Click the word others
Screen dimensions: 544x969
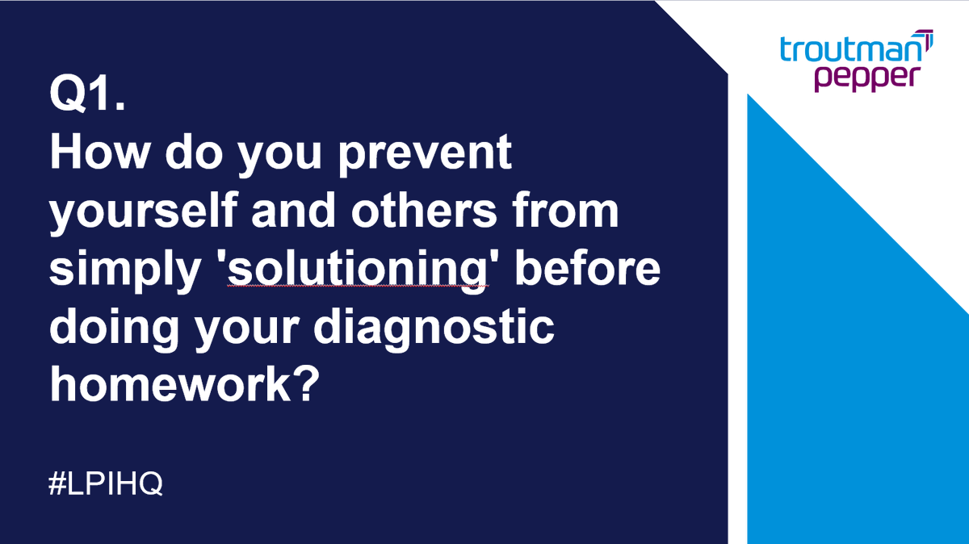pyautogui.click(x=431, y=211)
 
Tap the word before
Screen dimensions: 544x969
pyautogui.click(x=588, y=270)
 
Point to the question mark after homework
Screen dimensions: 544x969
pyautogui.click(x=300, y=387)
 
